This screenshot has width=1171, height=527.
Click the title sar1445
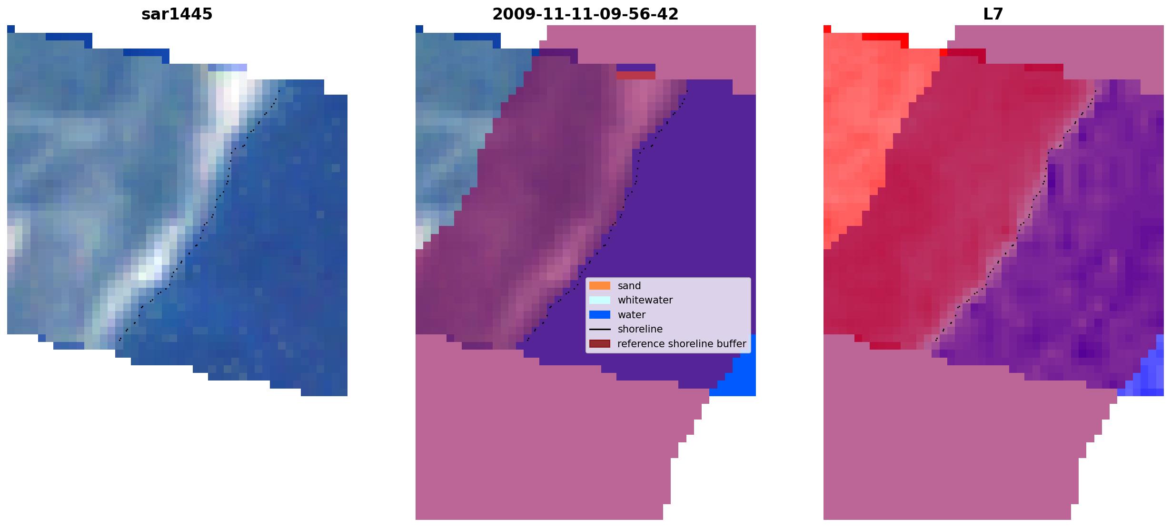[x=177, y=14]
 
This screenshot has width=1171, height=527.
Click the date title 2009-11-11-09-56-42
[x=585, y=14]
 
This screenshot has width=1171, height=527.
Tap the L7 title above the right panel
[x=993, y=14]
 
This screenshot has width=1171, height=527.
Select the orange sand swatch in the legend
[x=600, y=285]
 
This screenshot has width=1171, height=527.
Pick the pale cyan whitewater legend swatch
[x=600, y=300]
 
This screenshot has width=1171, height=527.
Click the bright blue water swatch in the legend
[x=600, y=314]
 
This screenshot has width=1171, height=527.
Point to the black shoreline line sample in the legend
[x=600, y=329]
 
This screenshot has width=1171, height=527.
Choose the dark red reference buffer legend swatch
[x=600, y=343]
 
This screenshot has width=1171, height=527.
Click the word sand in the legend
[x=629, y=286]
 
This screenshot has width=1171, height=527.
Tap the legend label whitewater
[x=645, y=300]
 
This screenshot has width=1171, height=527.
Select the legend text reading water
[x=632, y=315]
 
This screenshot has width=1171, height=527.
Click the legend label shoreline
[x=640, y=329]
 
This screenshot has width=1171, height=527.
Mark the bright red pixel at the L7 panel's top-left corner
[x=827, y=29]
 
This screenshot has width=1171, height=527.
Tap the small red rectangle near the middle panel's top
[x=636, y=75]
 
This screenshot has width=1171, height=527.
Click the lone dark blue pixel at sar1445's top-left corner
[x=11, y=29]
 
